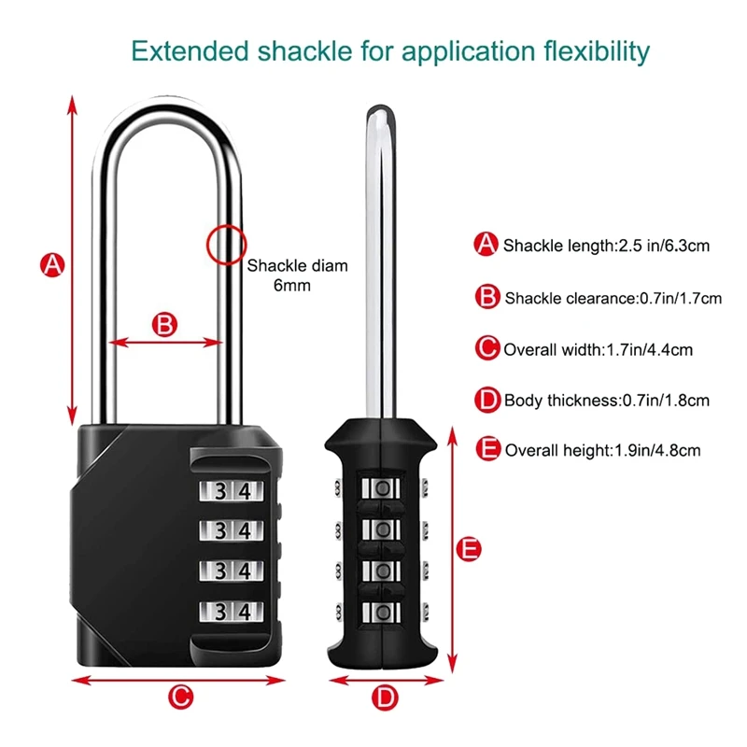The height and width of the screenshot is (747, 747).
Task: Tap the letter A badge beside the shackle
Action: [53, 264]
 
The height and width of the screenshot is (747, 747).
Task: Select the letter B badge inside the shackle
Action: [163, 324]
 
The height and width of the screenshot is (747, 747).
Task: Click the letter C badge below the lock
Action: [181, 696]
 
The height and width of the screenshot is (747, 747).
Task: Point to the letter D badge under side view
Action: [385, 696]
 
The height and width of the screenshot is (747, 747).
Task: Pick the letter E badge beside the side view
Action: [472, 549]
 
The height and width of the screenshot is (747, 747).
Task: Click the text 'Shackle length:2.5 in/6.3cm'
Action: [607, 247]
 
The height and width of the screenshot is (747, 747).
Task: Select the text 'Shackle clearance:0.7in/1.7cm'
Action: [613, 299]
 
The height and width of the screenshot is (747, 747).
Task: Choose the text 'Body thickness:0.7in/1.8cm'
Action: [607, 401]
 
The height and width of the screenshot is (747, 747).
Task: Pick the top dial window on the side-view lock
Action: [380, 489]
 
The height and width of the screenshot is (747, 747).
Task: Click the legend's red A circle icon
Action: [486, 246]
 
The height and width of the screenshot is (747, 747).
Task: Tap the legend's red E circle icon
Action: [486, 449]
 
